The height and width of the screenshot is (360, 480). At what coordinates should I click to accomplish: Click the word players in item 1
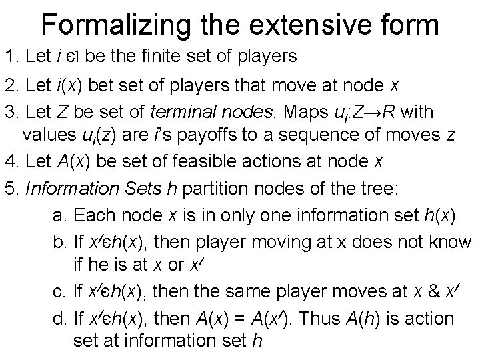click(x=265, y=57)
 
